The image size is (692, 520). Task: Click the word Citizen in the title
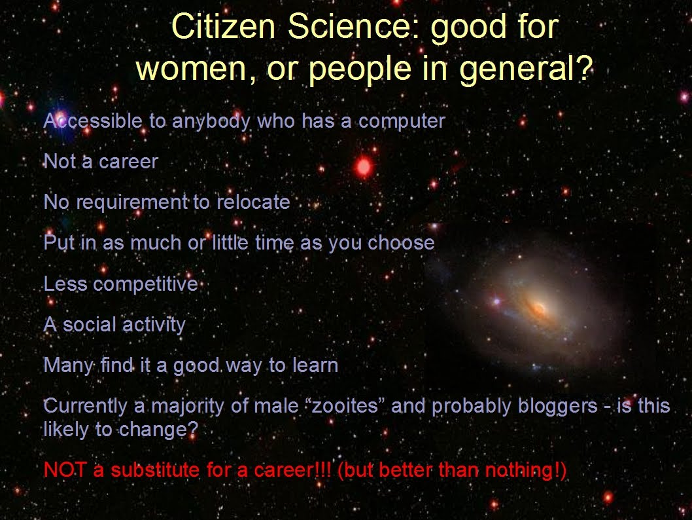223,26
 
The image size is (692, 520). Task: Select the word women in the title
191,70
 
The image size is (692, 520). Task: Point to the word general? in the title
526,69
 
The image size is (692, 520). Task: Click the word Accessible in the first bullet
93,121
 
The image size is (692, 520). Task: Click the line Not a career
101,162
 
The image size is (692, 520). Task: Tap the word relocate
253,202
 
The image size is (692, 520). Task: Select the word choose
401,243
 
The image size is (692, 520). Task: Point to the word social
90,325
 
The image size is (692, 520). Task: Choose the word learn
315,365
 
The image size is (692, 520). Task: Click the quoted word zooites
345,406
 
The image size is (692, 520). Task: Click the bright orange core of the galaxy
538,308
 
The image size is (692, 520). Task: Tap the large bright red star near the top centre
364,167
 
